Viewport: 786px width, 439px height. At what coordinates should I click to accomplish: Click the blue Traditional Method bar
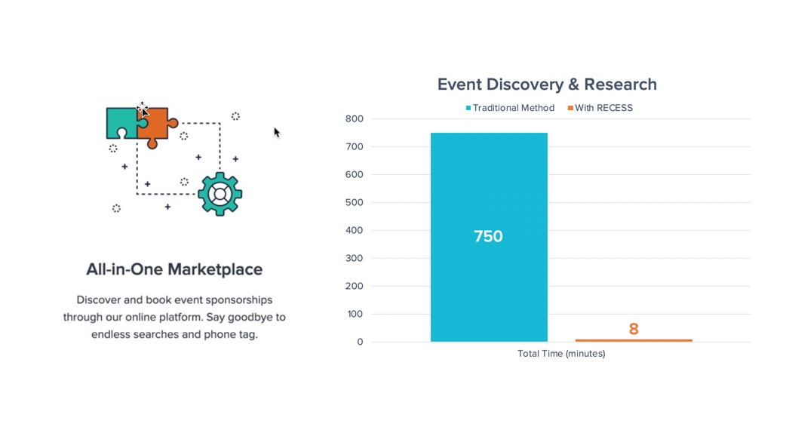click(489, 237)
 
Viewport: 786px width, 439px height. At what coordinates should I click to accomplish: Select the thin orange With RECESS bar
click(634, 340)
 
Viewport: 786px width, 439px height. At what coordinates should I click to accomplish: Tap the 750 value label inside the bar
click(488, 236)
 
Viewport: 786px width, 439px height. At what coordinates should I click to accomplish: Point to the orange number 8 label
click(634, 329)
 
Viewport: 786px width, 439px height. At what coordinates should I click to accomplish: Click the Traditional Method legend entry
click(510, 108)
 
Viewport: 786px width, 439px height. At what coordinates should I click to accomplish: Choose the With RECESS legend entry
click(600, 108)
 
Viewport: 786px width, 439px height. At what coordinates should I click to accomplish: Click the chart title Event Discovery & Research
click(547, 84)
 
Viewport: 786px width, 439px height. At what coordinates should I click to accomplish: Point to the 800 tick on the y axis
click(355, 118)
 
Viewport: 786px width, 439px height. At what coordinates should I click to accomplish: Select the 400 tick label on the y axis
click(355, 231)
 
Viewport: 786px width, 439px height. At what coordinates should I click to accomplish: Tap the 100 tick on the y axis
click(355, 315)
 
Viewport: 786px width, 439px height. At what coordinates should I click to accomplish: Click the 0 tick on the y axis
click(360, 342)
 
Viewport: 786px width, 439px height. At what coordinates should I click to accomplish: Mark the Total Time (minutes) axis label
click(561, 353)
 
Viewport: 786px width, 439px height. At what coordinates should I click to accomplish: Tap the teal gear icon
click(220, 194)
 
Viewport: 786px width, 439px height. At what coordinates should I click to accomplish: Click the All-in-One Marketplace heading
click(174, 269)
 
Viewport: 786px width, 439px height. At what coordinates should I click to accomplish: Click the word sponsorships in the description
click(239, 300)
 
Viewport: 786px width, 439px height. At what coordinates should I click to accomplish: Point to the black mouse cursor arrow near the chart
click(277, 132)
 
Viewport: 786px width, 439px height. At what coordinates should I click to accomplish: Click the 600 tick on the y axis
click(355, 174)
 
